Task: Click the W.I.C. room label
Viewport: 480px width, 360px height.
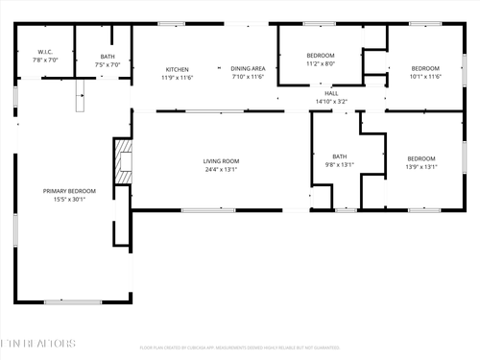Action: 45,51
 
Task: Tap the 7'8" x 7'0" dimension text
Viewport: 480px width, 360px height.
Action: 45,60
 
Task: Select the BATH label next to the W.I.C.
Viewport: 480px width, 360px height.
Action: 107,57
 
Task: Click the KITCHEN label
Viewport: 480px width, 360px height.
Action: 178,69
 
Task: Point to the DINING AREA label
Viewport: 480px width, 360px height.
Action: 247,69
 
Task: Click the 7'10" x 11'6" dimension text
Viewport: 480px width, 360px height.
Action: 247,78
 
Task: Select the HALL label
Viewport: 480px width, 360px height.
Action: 331,93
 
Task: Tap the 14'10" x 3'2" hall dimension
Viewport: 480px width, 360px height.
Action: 331,102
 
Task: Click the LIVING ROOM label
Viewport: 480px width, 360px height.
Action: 221,160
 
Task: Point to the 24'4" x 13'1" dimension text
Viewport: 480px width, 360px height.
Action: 221,170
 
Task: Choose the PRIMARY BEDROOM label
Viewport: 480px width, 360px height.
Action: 64,191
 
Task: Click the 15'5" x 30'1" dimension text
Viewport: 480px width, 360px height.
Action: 64,200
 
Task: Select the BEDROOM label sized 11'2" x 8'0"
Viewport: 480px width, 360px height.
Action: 321,56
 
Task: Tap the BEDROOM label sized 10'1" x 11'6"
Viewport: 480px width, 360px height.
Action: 425,68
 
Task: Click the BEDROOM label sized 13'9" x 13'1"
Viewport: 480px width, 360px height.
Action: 420,158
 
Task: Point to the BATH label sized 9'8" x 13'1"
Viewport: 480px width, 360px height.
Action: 340,156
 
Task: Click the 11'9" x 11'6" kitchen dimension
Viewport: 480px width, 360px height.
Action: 178,78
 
